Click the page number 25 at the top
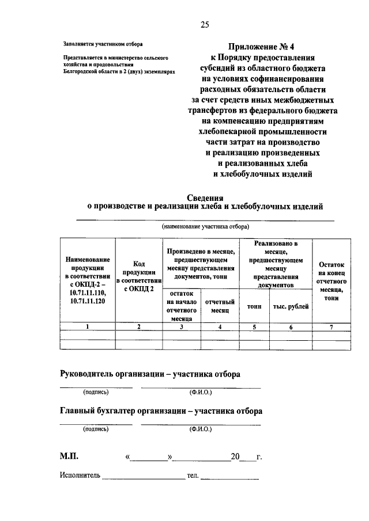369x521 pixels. pos(204,24)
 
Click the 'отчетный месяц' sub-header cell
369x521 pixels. pos(220,306)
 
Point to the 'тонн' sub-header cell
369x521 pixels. pos(254,306)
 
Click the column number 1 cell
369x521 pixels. pos(88,326)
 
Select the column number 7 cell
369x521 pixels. pos(331,326)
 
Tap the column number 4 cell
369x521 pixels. pos(220,326)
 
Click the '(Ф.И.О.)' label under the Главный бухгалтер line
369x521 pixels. pos(200,429)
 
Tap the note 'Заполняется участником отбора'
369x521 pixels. pos(100,44)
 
